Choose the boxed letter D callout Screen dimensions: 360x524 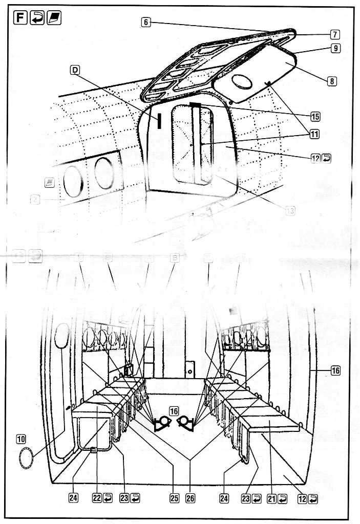point(75,72)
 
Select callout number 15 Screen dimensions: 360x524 point(315,116)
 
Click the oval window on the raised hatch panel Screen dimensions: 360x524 point(243,82)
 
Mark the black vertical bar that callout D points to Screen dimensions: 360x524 point(160,120)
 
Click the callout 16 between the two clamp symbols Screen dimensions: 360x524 point(174,410)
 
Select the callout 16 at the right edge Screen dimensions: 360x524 point(335,371)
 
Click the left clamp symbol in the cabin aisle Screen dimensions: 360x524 point(162,423)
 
